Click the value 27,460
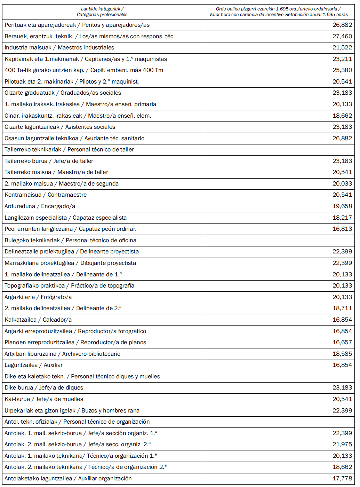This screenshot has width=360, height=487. (x=342, y=36)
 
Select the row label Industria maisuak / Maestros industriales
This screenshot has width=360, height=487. (x=59, y=48)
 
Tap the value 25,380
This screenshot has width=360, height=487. (x=342, y=70)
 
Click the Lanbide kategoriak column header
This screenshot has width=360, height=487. (x=102, y=12)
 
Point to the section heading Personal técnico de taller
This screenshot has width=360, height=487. (x=69, y=150)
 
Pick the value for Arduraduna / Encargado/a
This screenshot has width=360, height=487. (x=342, y=206)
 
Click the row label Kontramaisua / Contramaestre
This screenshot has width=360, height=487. (x=46, y=195)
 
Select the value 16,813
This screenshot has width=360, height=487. (x=342, y=229)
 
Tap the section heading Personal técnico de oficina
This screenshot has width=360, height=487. (x=70, y=241)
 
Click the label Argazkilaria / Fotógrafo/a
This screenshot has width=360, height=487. (x=38, y=297)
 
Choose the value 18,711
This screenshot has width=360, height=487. (x=342, y=308)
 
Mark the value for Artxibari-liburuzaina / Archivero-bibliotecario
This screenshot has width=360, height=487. (x=342, y=354)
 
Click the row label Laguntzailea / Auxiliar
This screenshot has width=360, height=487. (x=34, y=365)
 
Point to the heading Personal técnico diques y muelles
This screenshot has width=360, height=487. (x=82, y=377)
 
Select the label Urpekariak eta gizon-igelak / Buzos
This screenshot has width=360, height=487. (x=72, y=411)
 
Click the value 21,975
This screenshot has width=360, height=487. (x=342, y=445)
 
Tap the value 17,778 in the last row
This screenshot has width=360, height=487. (x=342, y=479)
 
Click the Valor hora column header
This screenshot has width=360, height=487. (x=278, y=12)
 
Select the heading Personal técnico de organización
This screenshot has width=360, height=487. (x=77, y=422)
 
